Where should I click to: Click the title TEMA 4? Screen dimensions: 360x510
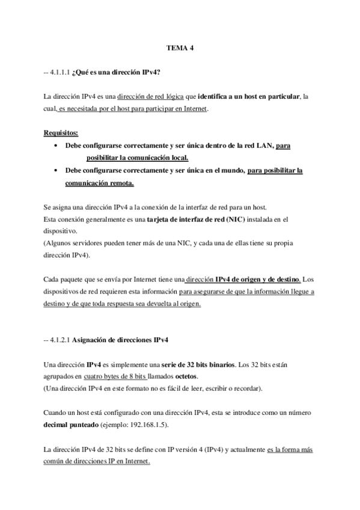180,46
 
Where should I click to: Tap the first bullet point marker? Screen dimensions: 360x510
56,146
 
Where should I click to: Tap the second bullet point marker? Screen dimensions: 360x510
56,170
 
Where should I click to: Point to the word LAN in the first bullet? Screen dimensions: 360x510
264,146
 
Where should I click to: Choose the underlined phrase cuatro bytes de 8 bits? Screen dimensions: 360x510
115,376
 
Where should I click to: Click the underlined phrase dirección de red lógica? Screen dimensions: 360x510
151,96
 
